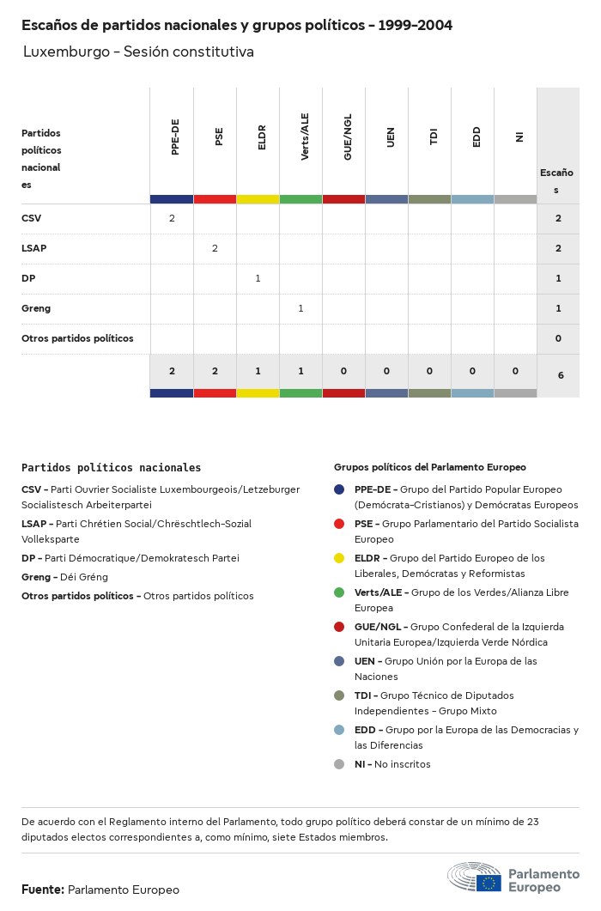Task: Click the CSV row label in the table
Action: (31, 218)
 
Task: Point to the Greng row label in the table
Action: (36, 308)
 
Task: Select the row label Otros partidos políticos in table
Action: (77, 338)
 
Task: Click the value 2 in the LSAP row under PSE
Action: (215, 248)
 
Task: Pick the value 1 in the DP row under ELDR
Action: (258, 278)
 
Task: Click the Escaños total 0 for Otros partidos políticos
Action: (558, 338)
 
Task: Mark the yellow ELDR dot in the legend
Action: (339, 558)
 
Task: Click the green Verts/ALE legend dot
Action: (339, 592)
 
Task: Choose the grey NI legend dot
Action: (339, 764)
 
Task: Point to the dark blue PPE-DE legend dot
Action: (339, 489)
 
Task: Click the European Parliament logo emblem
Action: (475, 878)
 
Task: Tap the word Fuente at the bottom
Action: (42, 890)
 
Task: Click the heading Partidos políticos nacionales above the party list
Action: (111, 468)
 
